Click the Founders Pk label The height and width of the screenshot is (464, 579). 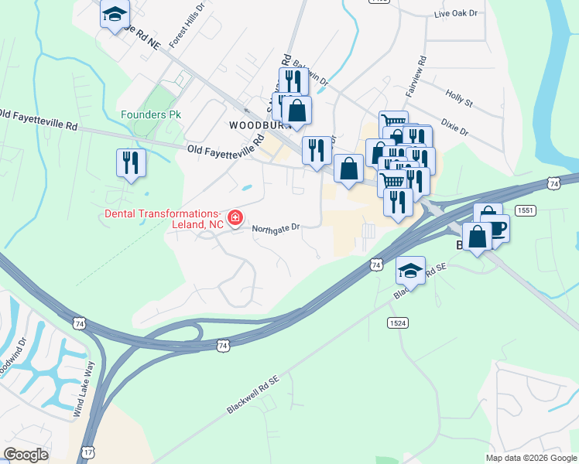(151, 114)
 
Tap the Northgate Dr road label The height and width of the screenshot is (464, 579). (276, 227)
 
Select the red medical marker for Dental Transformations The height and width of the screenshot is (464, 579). (235, 219)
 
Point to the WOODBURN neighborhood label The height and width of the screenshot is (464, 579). (255, 125)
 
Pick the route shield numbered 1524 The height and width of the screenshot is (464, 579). (399, 322)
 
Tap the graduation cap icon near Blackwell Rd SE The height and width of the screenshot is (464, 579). (410, 271)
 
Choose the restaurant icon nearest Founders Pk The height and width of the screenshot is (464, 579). (130, 162)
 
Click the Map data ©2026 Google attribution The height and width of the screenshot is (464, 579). (531, 458)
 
